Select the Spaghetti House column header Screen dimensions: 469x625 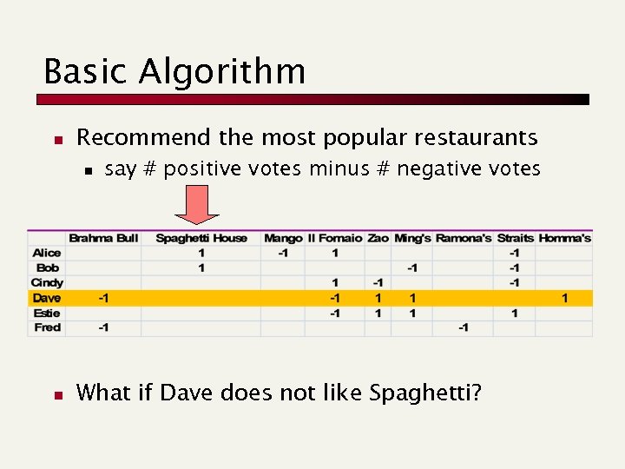[201, 238]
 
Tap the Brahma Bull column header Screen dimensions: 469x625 [103, 238]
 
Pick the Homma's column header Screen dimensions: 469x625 [565, 238]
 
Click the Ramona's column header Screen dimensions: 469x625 [464, 238]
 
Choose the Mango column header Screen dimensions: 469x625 [283, 238]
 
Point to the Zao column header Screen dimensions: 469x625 [378, 238]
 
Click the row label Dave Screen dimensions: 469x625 [47, 298]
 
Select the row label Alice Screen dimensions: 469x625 [47, 253]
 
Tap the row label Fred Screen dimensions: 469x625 [47, 327]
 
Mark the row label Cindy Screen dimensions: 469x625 [47, 282]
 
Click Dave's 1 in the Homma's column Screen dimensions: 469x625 [565, 298]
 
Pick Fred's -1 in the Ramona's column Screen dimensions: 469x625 [464, 327]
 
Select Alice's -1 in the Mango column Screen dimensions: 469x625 [283, 253]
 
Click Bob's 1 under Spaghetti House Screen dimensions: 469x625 [201, 268]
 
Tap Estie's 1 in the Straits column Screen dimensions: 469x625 [515, 313]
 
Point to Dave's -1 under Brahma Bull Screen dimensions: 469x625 [103, 298]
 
